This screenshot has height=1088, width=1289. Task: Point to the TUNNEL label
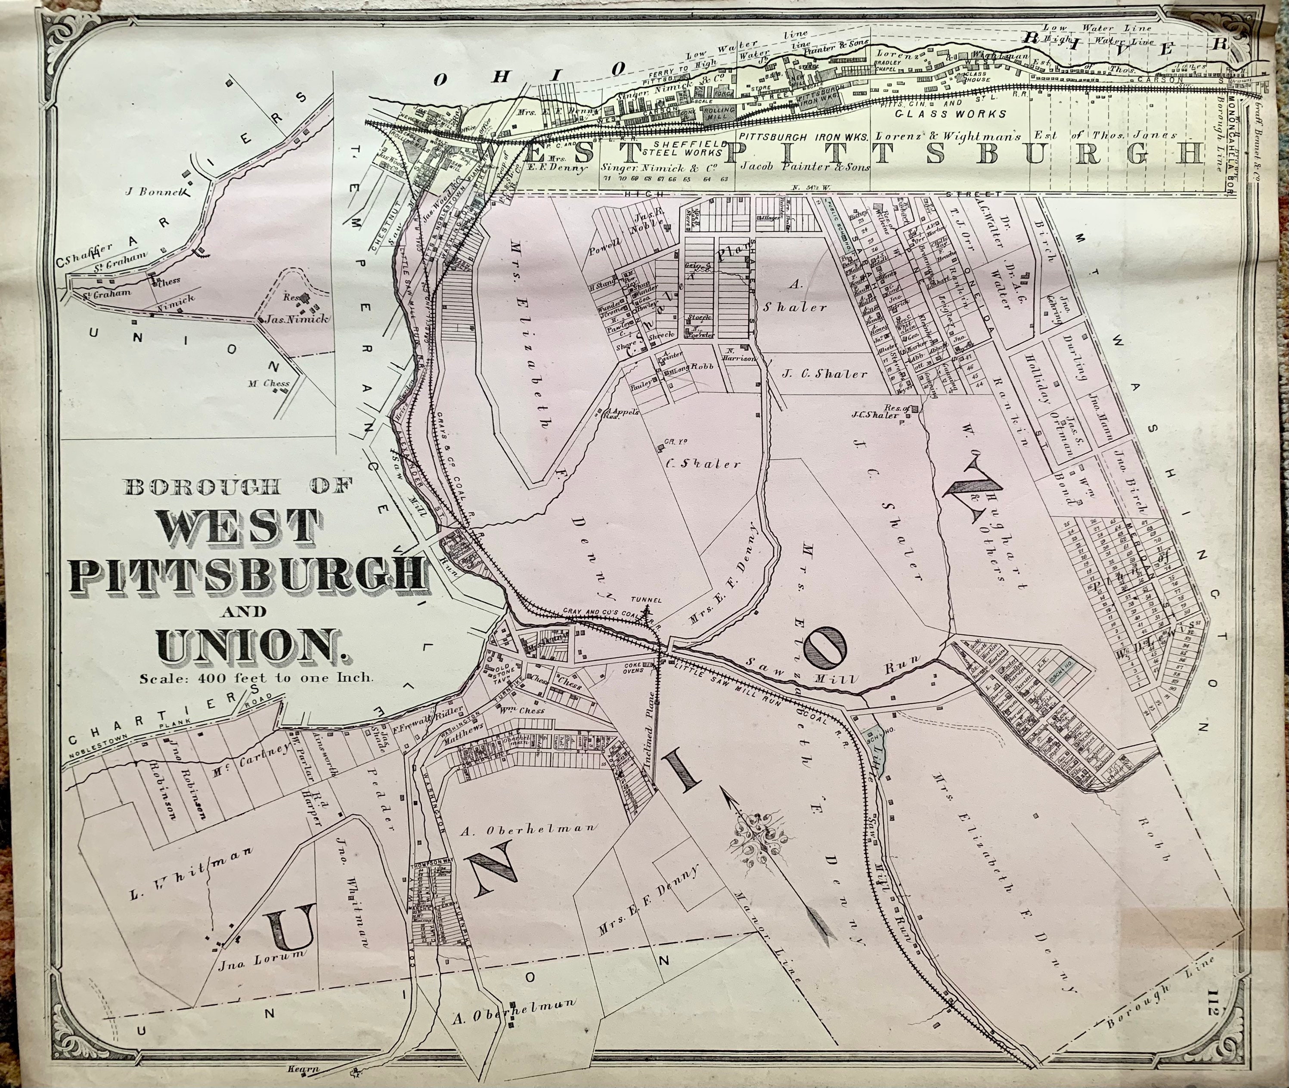click(647, 600)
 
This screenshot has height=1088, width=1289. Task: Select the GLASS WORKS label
click(951, 114)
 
